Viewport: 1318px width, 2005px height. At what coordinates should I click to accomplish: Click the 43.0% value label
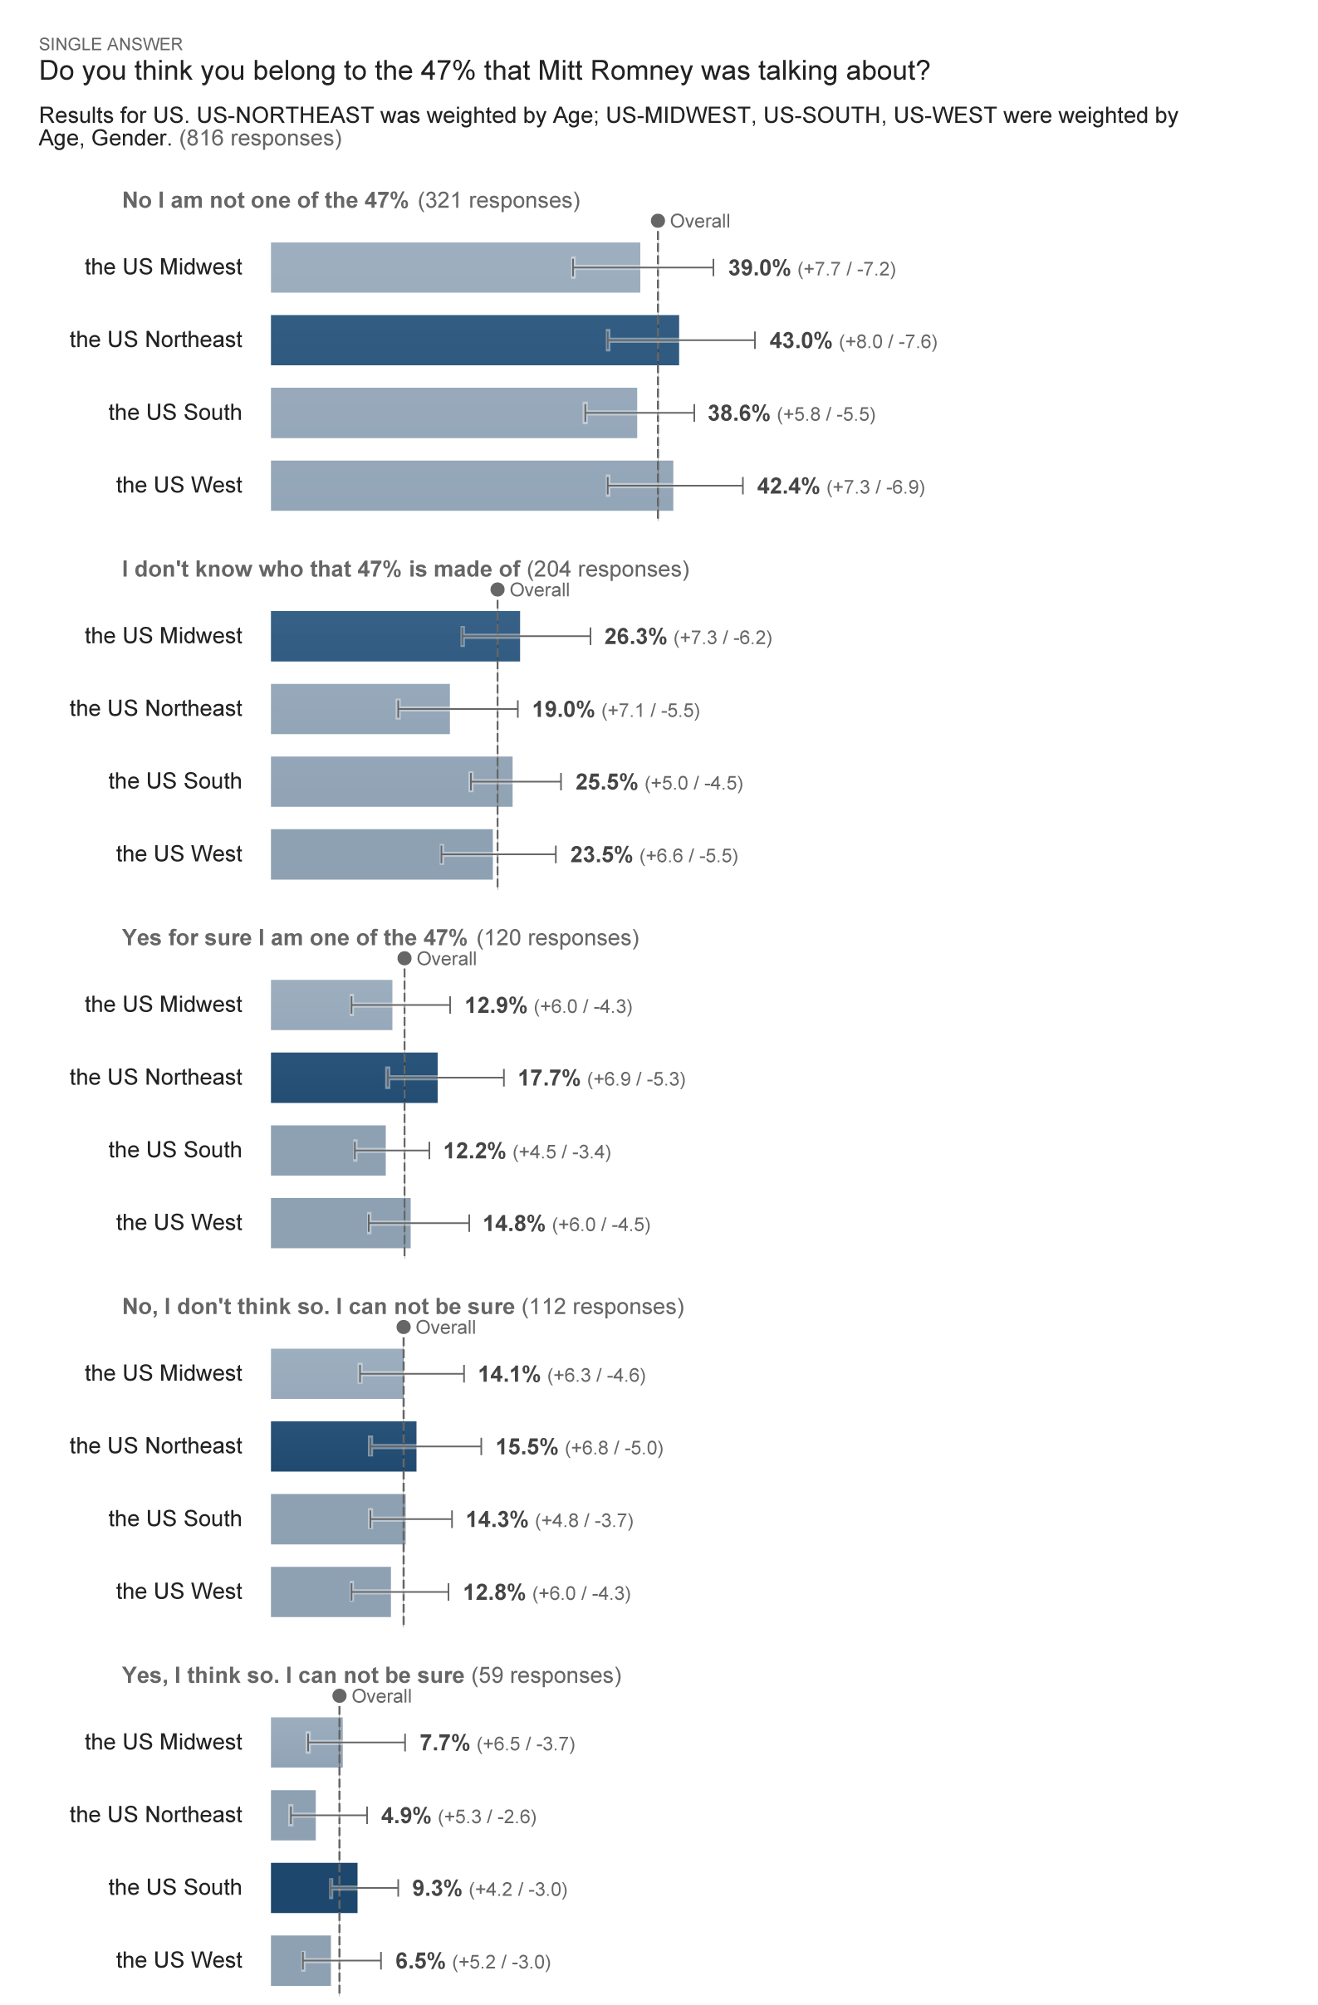(799, 340)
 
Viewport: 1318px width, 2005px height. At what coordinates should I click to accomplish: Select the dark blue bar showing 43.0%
(473, 340)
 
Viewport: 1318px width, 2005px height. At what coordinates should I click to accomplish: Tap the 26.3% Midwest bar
(394, 636)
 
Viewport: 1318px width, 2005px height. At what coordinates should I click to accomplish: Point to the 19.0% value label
(562, 709)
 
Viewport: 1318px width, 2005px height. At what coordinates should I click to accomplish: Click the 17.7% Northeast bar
(353, 1078)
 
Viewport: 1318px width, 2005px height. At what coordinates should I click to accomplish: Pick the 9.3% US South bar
(313, 1888)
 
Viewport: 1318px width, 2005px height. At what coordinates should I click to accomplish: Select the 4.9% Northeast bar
(292, 1816)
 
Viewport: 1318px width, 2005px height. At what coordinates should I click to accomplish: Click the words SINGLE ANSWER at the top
(110, 44)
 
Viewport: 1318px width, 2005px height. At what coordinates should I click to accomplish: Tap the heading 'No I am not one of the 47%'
(265, 201)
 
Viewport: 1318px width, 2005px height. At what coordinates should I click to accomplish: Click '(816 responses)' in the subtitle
(261, 138)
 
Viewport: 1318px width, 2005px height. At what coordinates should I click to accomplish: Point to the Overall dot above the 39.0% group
(657, 221)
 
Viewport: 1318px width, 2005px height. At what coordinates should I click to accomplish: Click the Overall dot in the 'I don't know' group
(497, 589)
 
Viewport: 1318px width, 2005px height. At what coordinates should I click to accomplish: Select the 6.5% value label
(419, 1961)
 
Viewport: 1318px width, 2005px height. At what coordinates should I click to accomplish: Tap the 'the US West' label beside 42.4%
(179, 485)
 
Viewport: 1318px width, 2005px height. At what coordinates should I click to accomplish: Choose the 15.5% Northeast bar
(343, 1446)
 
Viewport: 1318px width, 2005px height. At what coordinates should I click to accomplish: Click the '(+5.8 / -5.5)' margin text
(825, 414)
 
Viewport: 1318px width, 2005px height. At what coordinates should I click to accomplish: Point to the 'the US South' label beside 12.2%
(174, 1150)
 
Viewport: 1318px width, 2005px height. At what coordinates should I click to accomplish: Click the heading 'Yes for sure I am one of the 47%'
(294, 937)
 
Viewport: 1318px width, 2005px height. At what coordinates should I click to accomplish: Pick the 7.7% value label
(444, 1743)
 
